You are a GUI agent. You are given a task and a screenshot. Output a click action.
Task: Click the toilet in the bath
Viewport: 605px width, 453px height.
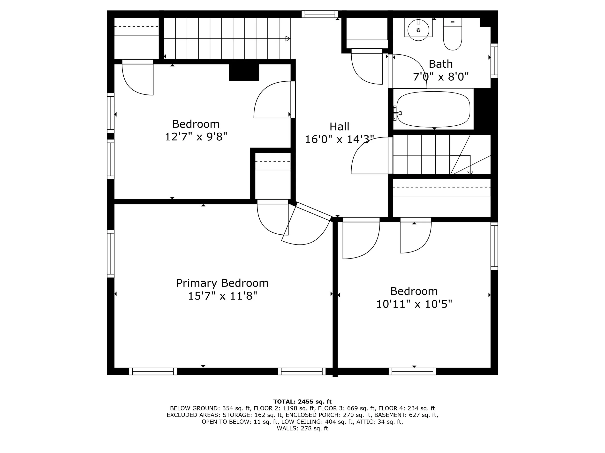click(x=452, y=36)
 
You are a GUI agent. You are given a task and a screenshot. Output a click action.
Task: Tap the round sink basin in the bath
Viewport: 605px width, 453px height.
click(x=418, y=30)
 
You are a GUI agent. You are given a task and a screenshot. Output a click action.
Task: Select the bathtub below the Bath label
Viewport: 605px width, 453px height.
click(x=433, y=109)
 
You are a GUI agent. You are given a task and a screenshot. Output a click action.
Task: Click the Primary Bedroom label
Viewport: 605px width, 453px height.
click(x=222, y=283)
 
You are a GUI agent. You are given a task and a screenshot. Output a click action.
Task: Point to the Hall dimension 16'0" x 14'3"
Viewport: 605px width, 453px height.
click(x=339, y=140)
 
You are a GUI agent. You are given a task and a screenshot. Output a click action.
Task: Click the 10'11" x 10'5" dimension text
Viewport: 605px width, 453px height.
click(x=414, y=304)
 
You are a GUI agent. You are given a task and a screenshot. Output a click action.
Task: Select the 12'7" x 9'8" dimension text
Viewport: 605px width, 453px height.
click(x=196, y=137)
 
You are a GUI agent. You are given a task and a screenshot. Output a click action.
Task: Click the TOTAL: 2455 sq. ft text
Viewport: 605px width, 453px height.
click(x=302, y=402)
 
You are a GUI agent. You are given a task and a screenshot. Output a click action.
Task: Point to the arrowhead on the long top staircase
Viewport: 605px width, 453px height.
click(x=288, y=39)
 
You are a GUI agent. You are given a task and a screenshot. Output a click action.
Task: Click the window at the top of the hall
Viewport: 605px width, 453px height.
click(x=320, y=14)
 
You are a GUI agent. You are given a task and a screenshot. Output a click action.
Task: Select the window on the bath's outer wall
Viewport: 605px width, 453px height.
click(x=494, y=61)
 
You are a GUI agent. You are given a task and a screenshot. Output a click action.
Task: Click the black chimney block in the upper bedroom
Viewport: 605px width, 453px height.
click(x=244, y=72)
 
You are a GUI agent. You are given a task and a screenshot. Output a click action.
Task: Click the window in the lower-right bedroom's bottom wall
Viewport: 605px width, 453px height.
click(x=412, y=371)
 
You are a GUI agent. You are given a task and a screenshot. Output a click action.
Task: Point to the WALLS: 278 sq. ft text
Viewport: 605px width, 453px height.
click(x=302, y=428)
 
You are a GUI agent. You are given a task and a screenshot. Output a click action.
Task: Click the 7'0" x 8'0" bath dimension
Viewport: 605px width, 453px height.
click(x=440, y=77)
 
